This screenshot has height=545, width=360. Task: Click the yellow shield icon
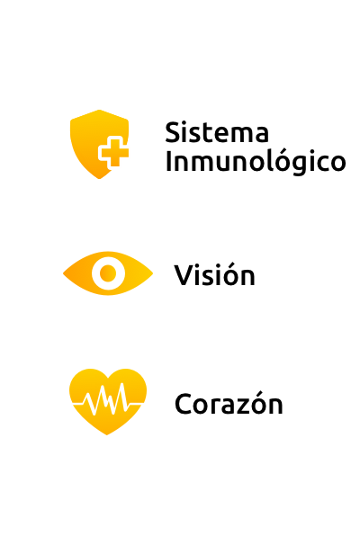tap(100, 144)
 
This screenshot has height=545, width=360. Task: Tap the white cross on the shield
tap(113, 153)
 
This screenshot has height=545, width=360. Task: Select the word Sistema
tap(217, 132)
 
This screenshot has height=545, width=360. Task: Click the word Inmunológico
tap(256, 162)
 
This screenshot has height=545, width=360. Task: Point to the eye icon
tap(108, 273)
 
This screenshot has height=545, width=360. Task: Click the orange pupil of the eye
tap(108, 273)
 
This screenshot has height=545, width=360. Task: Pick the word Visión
tap(214, 274)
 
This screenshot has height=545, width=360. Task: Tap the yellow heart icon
tap(108, 401)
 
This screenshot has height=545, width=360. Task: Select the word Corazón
tap(229, 403)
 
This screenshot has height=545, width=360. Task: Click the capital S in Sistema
tap(173, 132)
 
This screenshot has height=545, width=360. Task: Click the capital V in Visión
tap(183, 274)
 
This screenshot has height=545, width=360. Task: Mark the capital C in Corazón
tap(183, 404)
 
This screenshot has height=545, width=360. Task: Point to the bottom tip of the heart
tap(107, 434)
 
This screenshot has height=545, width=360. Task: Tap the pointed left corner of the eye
tap(63, 273)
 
